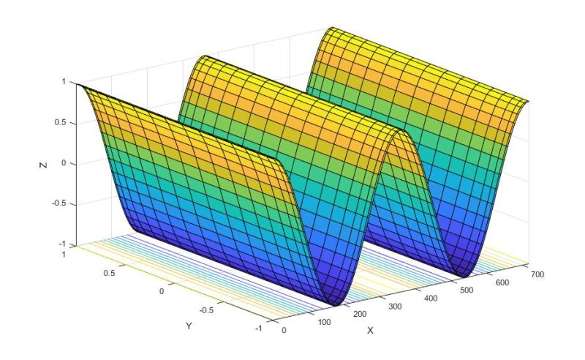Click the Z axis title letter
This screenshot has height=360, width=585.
43,165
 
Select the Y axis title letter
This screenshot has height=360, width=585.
189,326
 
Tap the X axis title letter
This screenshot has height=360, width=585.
370,331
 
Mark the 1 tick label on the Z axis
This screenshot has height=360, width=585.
64,81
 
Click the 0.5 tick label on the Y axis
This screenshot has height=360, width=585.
109,273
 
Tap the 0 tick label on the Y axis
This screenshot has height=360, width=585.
161,291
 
